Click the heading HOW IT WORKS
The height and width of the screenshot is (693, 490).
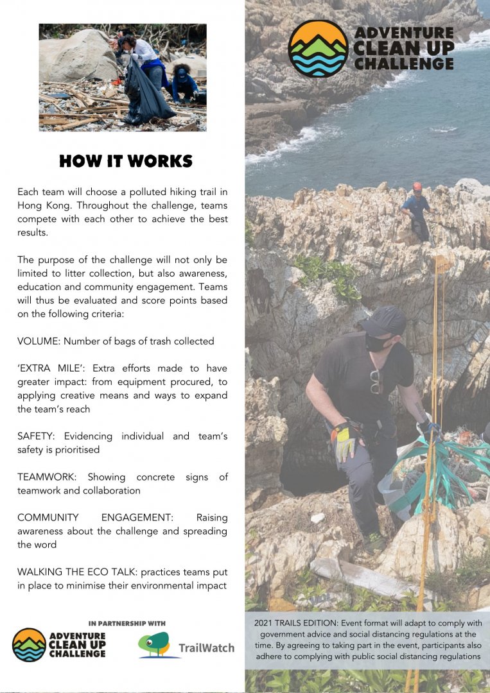[126, 161]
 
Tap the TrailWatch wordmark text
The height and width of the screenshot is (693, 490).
[206, 648]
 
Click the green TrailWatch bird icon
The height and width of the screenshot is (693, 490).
[157, 644]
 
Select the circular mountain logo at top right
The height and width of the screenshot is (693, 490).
[318, 49]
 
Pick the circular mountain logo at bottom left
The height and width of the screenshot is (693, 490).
[29, 644]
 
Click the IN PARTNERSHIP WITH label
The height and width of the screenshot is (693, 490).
[127, 623]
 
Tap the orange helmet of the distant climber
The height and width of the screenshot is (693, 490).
[417, 186]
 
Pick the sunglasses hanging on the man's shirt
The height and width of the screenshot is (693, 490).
[376, 381]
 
